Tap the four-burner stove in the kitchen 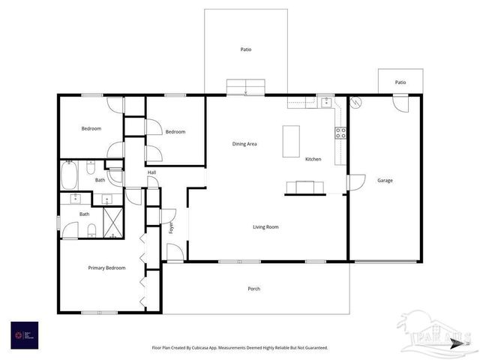340,133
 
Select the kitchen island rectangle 291,141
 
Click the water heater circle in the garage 356,101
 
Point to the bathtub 69,177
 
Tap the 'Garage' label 385,180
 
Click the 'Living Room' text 265,226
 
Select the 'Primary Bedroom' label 106,268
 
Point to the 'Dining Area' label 244,144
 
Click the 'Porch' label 254,289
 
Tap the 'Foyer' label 172,227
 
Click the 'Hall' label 151,172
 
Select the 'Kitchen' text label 313,159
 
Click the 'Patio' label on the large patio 246,49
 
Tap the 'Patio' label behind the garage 400,82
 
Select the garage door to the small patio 400,102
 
